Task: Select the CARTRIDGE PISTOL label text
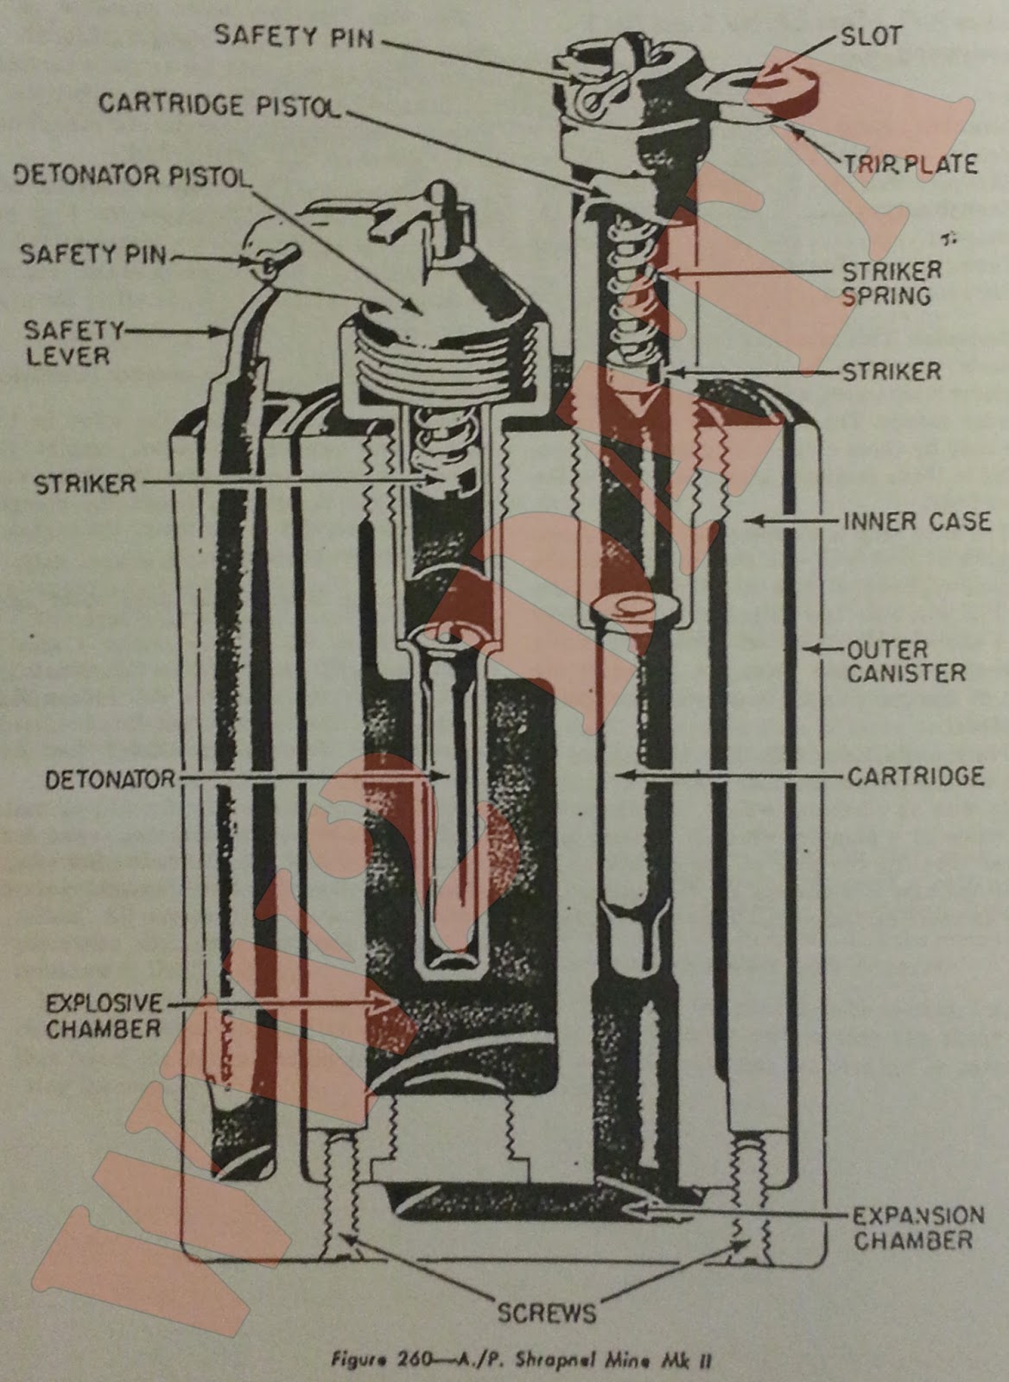[219, 104]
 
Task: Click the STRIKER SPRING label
[892, 282]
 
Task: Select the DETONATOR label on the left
[111, 779]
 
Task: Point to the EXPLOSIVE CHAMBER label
[103, 1016]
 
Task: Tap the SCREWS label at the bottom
[547, 1313]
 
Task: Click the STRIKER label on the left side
[85, 484]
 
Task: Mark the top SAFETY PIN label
[294, 37]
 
